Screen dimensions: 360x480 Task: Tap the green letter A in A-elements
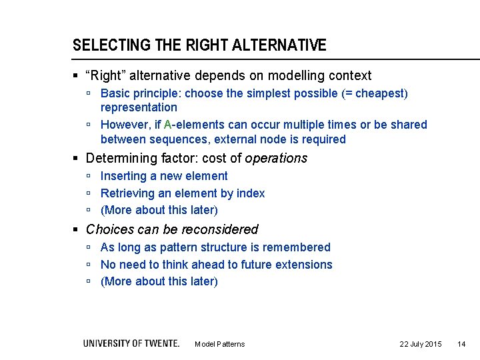(x=167, y=125)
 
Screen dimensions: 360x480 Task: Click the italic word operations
(x=276, y=158)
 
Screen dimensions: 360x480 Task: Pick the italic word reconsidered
(x=217, y=229)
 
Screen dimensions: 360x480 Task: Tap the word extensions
(x=303, y=265)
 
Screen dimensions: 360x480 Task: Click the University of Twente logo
(x=131, y=343)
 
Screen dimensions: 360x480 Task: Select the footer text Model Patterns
(x=219, y=344)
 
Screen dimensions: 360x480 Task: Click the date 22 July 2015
(x=420, y=344)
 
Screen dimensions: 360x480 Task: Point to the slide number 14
(x=461, y=344)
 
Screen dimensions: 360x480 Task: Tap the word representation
(x=139, y=107)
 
